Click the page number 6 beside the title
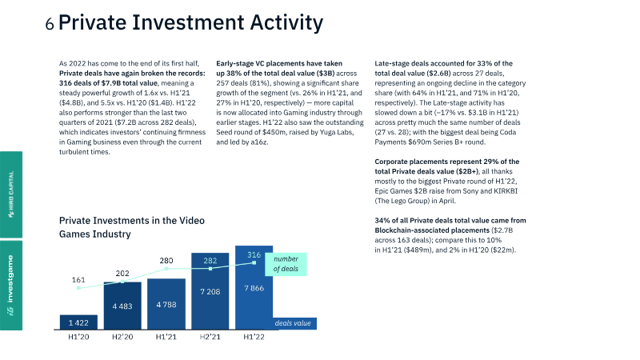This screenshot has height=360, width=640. pos(50,25)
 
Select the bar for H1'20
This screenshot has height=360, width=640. pos(79,322)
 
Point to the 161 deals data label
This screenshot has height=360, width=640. pos(78,280)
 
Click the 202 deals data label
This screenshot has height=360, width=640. pos(122,274)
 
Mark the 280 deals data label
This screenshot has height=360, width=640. pos(166,261)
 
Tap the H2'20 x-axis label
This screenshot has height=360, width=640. pos(122,339)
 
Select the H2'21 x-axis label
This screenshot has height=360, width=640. pos(210,339)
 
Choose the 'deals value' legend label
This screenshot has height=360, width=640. pos(292,323)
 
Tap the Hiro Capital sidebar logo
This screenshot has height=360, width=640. pos(10,189)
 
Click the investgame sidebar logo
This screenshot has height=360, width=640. pos(10,285)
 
